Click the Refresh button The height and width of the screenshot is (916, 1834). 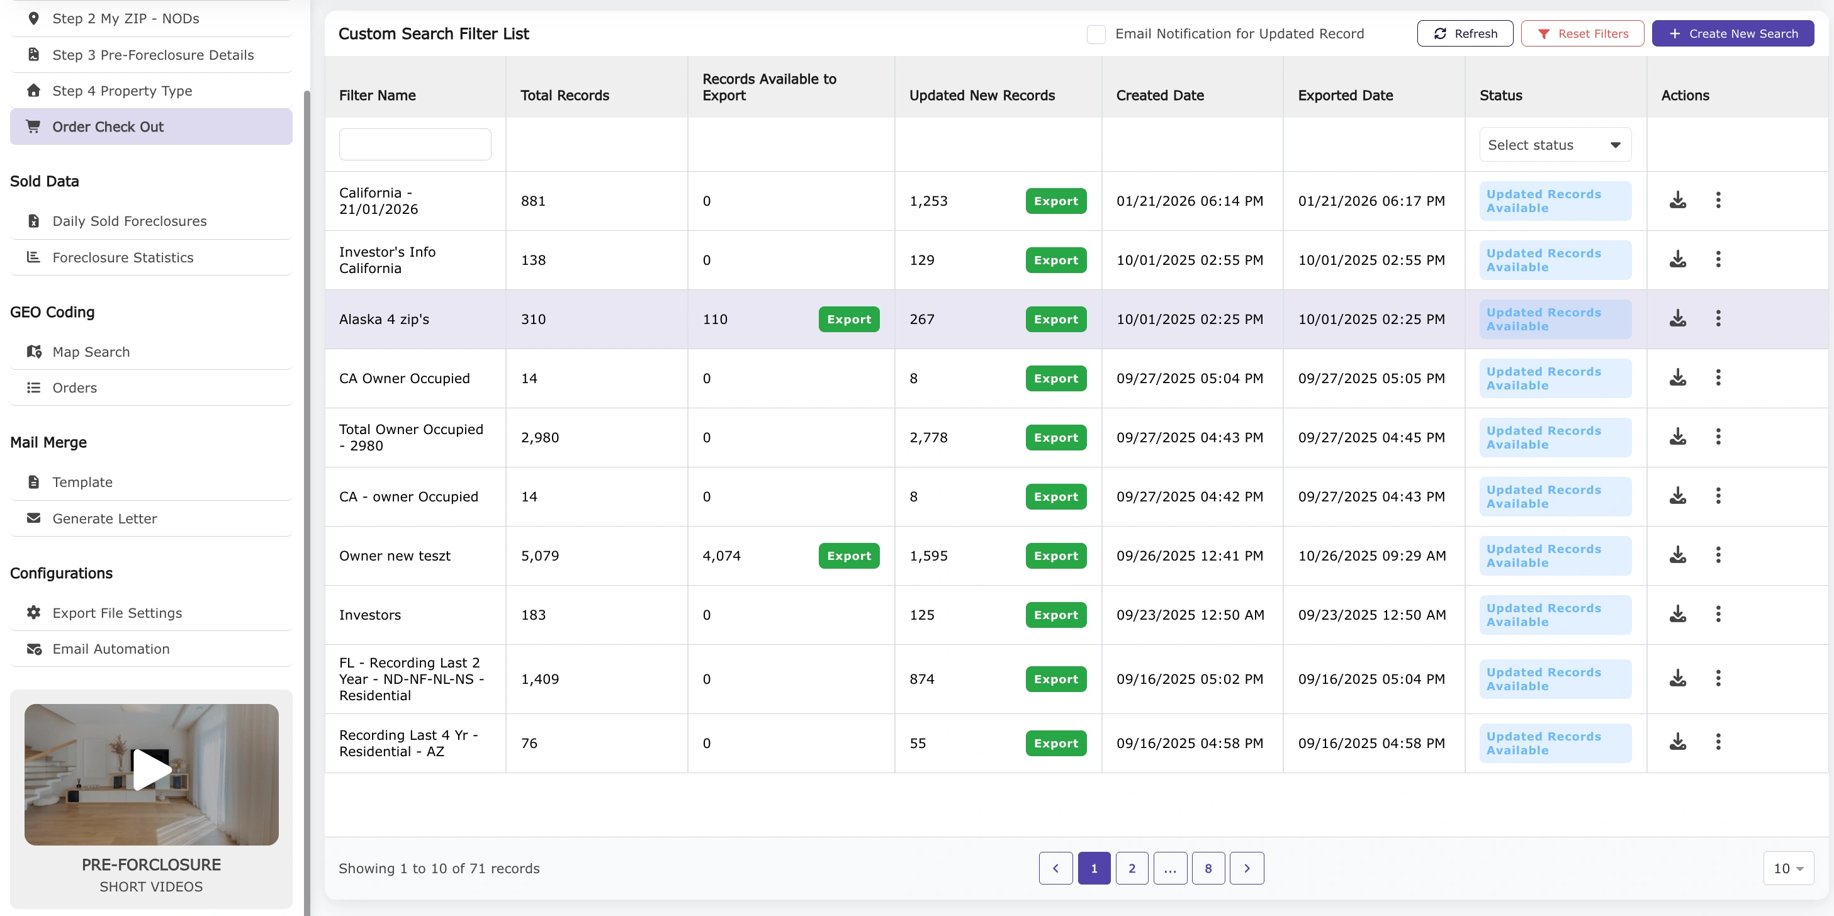coord(1465,33)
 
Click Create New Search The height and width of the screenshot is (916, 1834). coord(1732,33)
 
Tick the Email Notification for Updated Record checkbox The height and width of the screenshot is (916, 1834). coord(1096,34)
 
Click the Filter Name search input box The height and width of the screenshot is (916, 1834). coord(415,145)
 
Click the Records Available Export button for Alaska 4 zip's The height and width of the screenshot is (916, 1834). coord(848,320)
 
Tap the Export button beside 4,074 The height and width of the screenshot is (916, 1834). coord(848,556)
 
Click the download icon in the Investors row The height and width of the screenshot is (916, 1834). coord(1677,613)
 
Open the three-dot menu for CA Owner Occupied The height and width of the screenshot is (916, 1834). coord(1718,377)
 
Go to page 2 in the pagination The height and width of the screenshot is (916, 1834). coord(1131,868)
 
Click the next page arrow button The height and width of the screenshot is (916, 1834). coord(1247,868)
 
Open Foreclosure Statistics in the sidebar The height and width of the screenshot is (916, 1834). coord(123,258)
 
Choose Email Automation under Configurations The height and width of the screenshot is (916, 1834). coord(111,649)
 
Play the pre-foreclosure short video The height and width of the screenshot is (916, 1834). coord(152,770)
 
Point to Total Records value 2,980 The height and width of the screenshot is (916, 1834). coord(539,438)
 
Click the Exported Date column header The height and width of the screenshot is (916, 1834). coord(1345,96)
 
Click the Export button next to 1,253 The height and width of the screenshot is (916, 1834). coord(1056,201)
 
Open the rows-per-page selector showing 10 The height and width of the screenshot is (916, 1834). coord(1787,868)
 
